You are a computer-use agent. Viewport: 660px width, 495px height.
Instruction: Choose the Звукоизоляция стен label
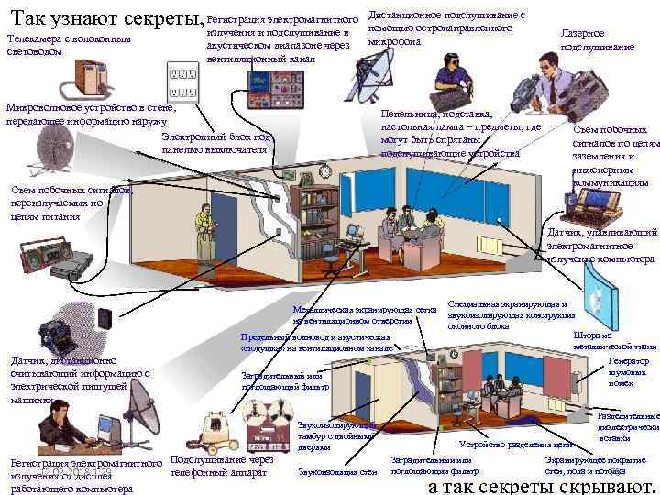(325, 472)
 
